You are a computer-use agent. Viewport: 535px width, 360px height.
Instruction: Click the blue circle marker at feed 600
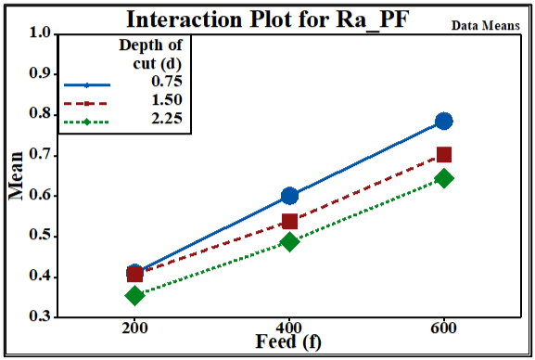pyautogui.click(x=444, y=121)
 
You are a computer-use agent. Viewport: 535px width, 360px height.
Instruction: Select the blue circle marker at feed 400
pyautogui.click(x=289, y=196)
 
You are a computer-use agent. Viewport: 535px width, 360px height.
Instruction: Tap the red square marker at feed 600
pyautogui.click(x=444, y=155)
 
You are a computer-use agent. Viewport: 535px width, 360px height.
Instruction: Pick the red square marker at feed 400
pyautogui.click(x=289, y=222)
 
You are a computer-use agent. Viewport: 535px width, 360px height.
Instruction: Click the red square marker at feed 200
pyautogui.click(x=134, y=275)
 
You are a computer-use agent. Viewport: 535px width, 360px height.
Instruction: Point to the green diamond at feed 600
pyautogui.click(x=444, y=178)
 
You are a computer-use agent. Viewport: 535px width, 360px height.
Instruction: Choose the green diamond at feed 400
pyautogui.click(x=289, y=242)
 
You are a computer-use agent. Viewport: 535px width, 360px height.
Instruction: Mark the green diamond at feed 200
pyautogui.click(x=134, y=295)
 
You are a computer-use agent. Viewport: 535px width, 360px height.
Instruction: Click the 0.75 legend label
pyautogui.click(x=167, y=82)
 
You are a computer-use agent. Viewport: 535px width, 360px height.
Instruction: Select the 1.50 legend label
pyautogui.click(x=167, y=99)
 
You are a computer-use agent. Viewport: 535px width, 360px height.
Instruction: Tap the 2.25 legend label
pyautogui.click(x=167, y=119)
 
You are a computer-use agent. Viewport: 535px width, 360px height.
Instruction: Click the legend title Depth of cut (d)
pyautogui.click(x=151, y=54)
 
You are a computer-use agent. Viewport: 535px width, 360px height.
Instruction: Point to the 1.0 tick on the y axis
pyautogui.click(x=40, y=32)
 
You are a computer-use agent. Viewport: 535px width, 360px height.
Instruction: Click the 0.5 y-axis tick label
pyautogui.click(x=40, y=235)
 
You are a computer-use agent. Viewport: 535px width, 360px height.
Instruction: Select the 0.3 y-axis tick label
pyautogui.click(x=40, y=316)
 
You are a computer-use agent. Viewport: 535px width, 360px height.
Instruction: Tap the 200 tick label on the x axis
pyautogui.click(x=134, y=328)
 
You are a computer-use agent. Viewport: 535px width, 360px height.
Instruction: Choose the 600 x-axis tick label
pyautogui.click(x=443, y=328)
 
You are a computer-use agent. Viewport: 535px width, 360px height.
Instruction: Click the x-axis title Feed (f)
pyautogui.click(x=288, y=341)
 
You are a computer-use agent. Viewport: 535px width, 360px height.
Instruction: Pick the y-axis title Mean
pyautogui.click(x=16, y=175)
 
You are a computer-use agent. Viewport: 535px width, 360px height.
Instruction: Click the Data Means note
pyautogui.click(x=486, y=26)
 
